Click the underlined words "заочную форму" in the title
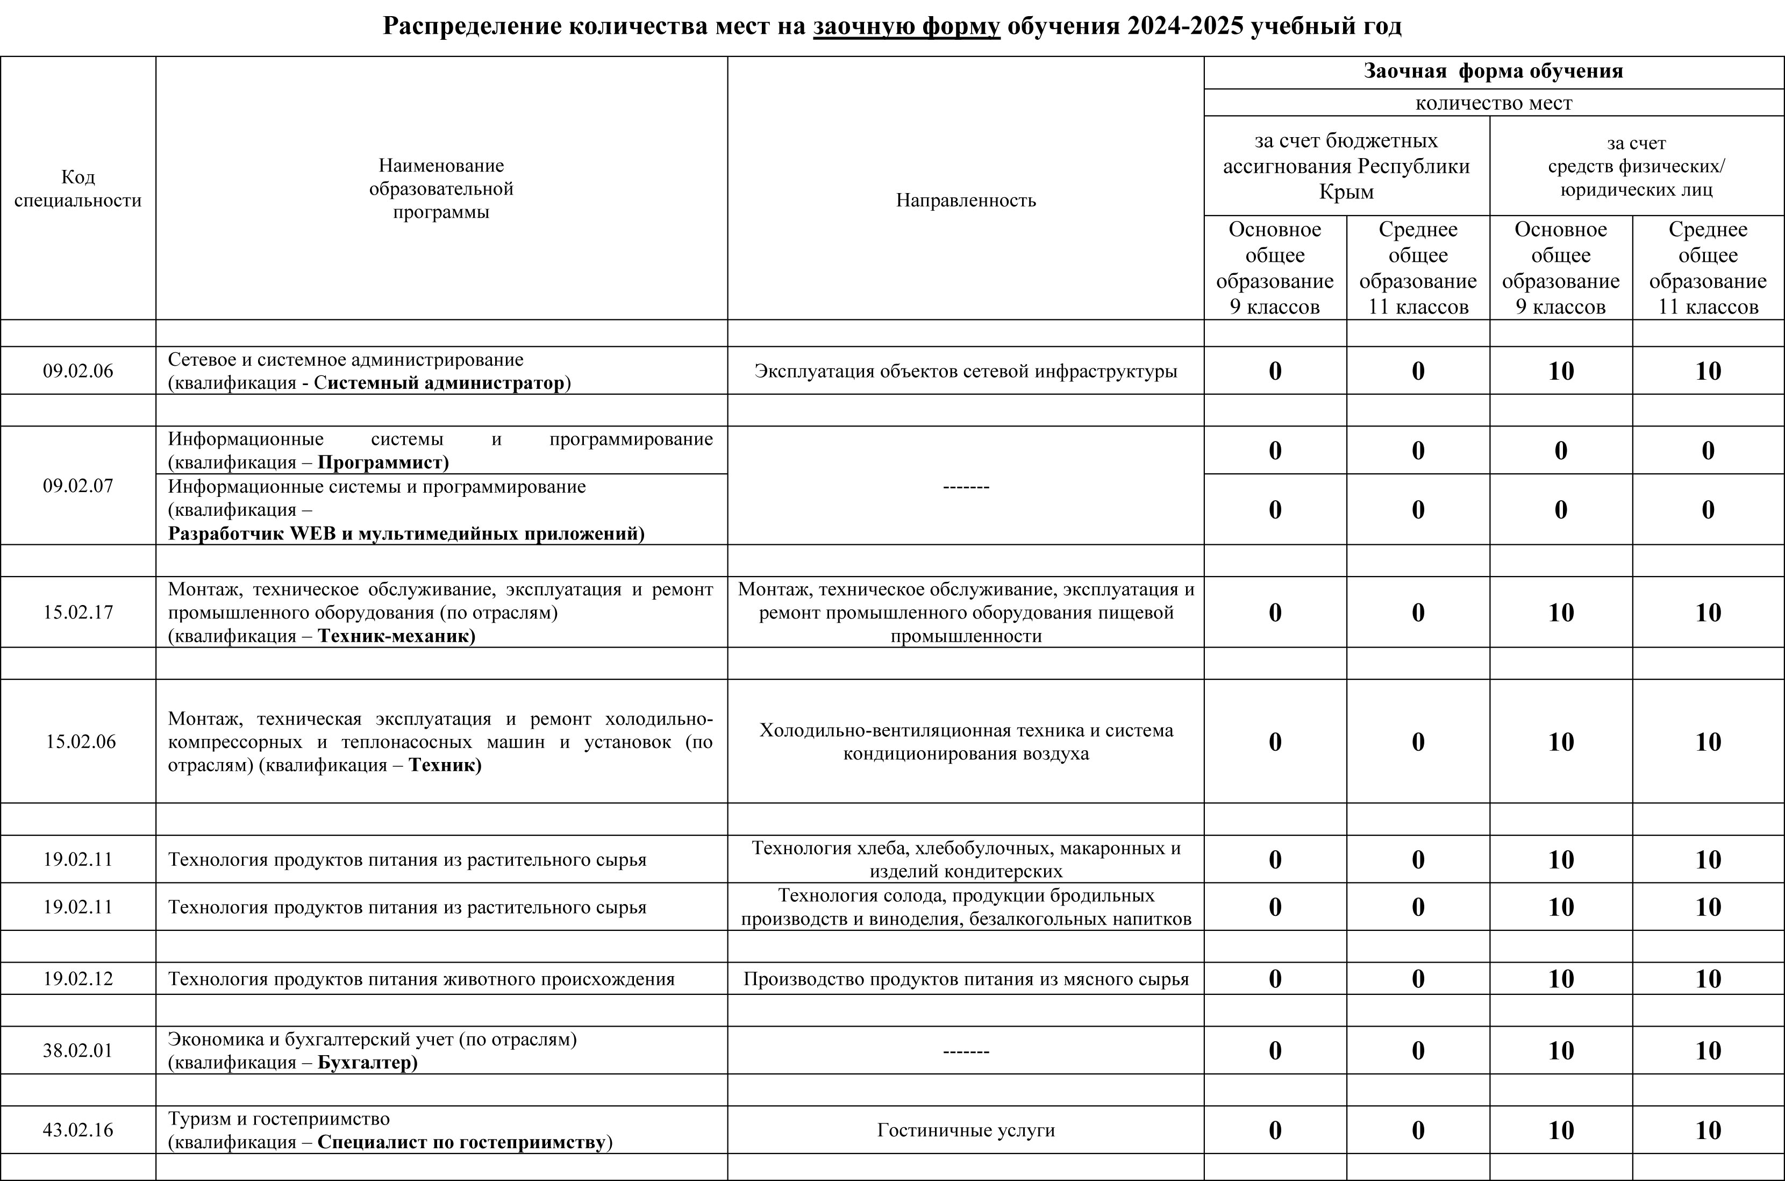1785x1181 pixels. click(906, 26)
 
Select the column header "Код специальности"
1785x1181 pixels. click(77, 188)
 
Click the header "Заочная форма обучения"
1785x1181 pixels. click(1494, 72)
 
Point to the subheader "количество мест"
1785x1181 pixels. click(1494, 103)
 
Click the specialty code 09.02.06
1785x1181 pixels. click(77, 371)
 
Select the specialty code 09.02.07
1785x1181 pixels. click(77, 486)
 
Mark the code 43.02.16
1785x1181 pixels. click(77, 1130)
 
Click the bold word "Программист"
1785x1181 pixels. click(382, 463)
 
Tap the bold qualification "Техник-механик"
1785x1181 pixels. click(396, 636)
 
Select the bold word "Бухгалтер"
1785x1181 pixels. click(367, 1063)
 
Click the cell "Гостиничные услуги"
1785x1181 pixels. click(966, 1130)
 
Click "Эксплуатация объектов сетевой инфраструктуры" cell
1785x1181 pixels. click(966, 371)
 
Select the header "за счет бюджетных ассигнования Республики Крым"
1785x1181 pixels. click(1346, 166)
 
